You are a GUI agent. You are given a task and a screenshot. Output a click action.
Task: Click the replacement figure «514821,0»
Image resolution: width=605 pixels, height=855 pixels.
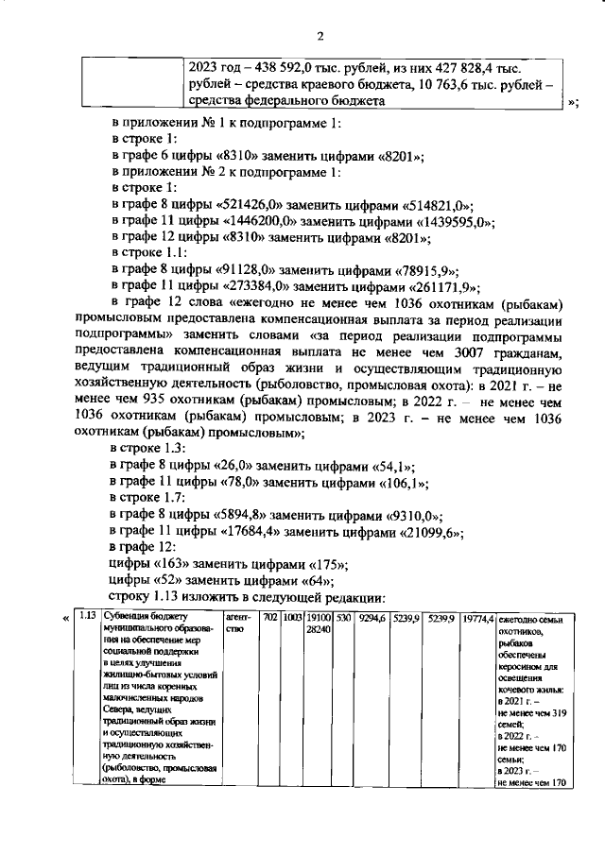(439, 205)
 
